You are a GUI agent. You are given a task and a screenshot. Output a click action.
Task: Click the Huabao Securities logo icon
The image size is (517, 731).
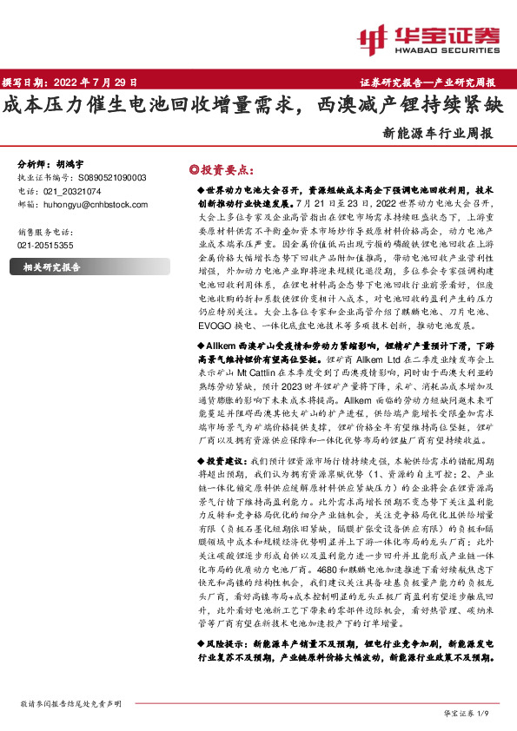(374, 36)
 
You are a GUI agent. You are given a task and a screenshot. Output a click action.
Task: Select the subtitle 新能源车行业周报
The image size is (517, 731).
(438, 135)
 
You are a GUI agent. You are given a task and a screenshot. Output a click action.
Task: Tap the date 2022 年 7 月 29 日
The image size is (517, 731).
(101, 83)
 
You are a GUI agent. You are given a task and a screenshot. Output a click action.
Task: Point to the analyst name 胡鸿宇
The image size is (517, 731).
(71, 163)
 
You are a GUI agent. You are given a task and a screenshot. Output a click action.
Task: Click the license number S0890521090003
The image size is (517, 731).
(106, 177)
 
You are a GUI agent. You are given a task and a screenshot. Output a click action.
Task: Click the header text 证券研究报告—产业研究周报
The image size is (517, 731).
(427, 83)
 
